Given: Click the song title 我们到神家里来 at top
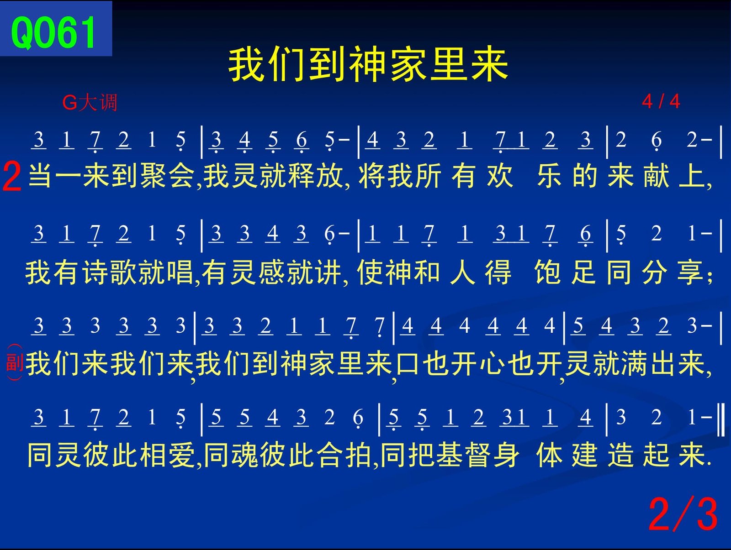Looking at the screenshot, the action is tap(368, 64).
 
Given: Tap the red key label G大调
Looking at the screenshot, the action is tap(90, 102).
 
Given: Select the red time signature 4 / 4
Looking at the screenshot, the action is tap(661, 101).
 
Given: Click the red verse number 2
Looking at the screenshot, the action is tap(12, 176).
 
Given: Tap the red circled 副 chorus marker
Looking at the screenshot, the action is tap(15, 362).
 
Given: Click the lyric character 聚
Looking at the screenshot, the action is tap(153, 176).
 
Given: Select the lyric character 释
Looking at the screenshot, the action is tap(302, 176).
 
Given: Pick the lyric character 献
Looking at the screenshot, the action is tap(656, 176).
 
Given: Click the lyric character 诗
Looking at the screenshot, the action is tap(96, 272).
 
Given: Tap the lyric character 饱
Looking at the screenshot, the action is tap(547, 272).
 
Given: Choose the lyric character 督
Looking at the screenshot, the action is tap(478, 455).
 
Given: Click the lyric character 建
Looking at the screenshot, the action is tap(585, 455).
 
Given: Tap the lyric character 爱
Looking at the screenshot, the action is tap(182, 455).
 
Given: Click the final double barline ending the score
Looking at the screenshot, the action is tap(721, 419).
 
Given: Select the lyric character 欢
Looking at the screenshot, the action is tap(499, 176).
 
